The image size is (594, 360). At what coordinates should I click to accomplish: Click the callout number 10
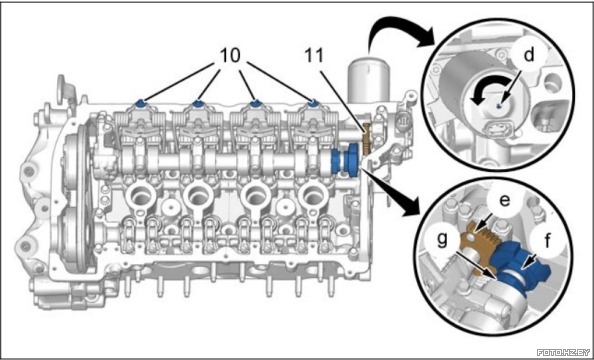click(x=231, y=56)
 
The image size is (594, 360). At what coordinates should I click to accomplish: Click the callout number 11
click(x=314, y=56)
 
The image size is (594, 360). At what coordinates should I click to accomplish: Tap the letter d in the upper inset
click(x=529, y=55)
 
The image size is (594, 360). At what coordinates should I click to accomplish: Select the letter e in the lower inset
click(x=505, y=201)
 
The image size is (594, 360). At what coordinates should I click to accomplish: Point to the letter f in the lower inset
click(x=547, y=241)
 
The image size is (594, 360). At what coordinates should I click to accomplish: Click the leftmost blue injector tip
click(x=141, y=103)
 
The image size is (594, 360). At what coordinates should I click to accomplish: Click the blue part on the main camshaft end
click(x=345, y=160)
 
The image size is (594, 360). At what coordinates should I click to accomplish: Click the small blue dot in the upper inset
click(x=499, y=106)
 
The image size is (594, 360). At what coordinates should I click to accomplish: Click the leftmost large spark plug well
click(x=140, y=196)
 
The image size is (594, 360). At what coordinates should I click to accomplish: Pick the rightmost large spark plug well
click(x=313, y=196)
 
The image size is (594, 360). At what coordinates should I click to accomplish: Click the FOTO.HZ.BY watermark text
click(x=564, y=352)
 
